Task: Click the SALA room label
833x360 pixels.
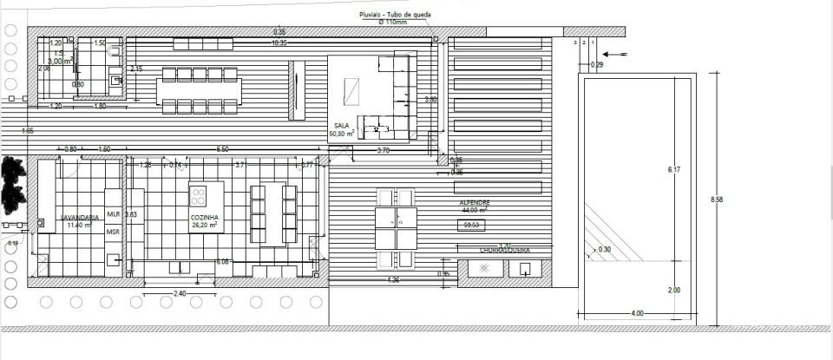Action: tap(341, 126)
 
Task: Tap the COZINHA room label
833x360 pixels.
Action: tap(205, 217)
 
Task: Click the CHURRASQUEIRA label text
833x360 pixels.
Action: tap(504, 251)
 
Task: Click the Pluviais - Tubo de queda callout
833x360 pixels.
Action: tap(396, 16)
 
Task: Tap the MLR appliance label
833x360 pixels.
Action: tap(113, 213)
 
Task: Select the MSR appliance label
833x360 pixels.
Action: tap(113, 232)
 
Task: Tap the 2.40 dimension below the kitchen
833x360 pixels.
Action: tap(179, 294)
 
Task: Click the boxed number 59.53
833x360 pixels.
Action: tap(473, 225)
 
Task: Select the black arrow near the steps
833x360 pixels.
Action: tap(614, 56)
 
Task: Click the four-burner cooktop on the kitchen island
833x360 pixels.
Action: tap(199, 193)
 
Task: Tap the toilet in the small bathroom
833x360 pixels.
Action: tap(115, 80)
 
